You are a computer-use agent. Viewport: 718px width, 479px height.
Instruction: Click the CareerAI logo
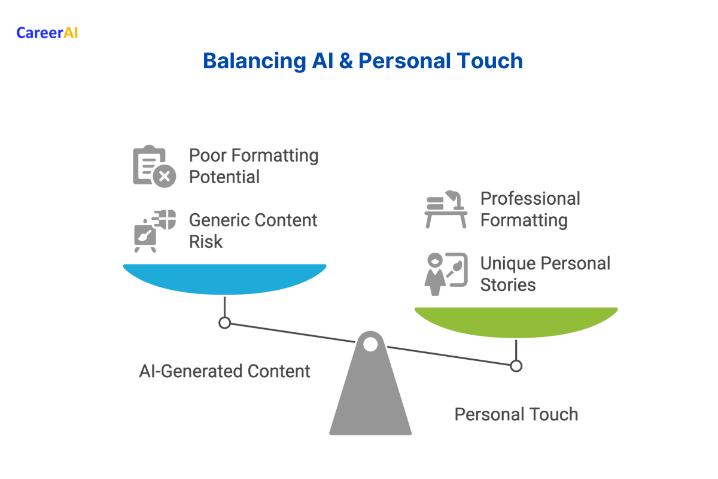[x=47, y=33]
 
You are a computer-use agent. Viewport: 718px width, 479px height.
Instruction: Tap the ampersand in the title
[x=345, y=61]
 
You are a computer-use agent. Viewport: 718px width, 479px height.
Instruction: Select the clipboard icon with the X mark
[x=153, y=166]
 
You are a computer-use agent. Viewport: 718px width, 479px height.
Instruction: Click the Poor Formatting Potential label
[x=253, y=166]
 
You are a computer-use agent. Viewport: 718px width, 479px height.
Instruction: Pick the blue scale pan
[x=224, y=278]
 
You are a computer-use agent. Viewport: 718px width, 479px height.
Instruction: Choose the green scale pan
[x=516, y=321]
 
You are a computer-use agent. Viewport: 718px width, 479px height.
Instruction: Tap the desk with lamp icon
[x=445, y=210]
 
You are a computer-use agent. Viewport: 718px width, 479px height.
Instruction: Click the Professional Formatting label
[x=530, y=209]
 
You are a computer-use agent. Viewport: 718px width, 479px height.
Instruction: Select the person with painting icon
[x=445, y=274]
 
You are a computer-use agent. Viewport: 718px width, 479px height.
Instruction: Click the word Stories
[x=508, y=285]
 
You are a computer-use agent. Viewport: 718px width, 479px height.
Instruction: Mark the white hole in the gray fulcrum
[x=370, y=344]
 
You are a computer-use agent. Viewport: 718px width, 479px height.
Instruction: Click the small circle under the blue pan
[x=224, y=323]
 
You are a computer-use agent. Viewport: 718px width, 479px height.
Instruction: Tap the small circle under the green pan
[x=516, y=365]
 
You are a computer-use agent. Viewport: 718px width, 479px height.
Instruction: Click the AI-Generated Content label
[x=224, y=371]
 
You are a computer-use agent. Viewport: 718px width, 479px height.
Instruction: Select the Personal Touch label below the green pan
[x=516, y=414]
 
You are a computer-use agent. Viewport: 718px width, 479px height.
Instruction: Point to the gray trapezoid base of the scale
[x=370, y=401]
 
